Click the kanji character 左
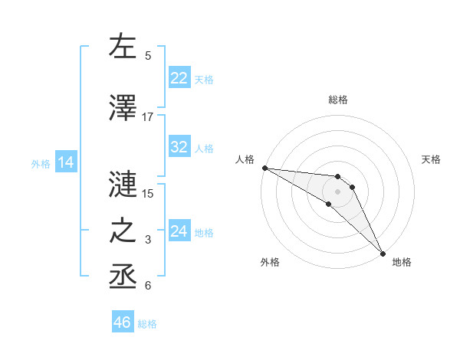pyautogui.click(x=123, y=47)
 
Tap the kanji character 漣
pyautogui.click(x=123, y=184)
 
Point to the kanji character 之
pyautogui.click(x=123, y=231)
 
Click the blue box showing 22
pyautogui.click(x=179, y=78)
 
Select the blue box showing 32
pyautogui.click(x=179, y=147)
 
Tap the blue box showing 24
pyautogui.click(x=179, y=231)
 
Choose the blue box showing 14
pyautogui.click(x=65, y=162)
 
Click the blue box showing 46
pyautogui.click(x=123, y=322)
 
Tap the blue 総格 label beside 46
pyautogui.click(x=147, y=324)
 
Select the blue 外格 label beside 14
pyautogui.click(x=41, y=163)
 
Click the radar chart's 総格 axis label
pyautogui.click(x=337, y=100)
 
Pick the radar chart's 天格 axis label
pyautogui.click(x=431, y=159)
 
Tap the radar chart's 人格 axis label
pyautogui.click(x=245, y=159)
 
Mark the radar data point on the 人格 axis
pyautogui.click(x=264, y=168)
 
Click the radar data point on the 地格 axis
pyautogui.click(x=383, y=253)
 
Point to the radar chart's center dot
pyautogui.click(x=337, y=191)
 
